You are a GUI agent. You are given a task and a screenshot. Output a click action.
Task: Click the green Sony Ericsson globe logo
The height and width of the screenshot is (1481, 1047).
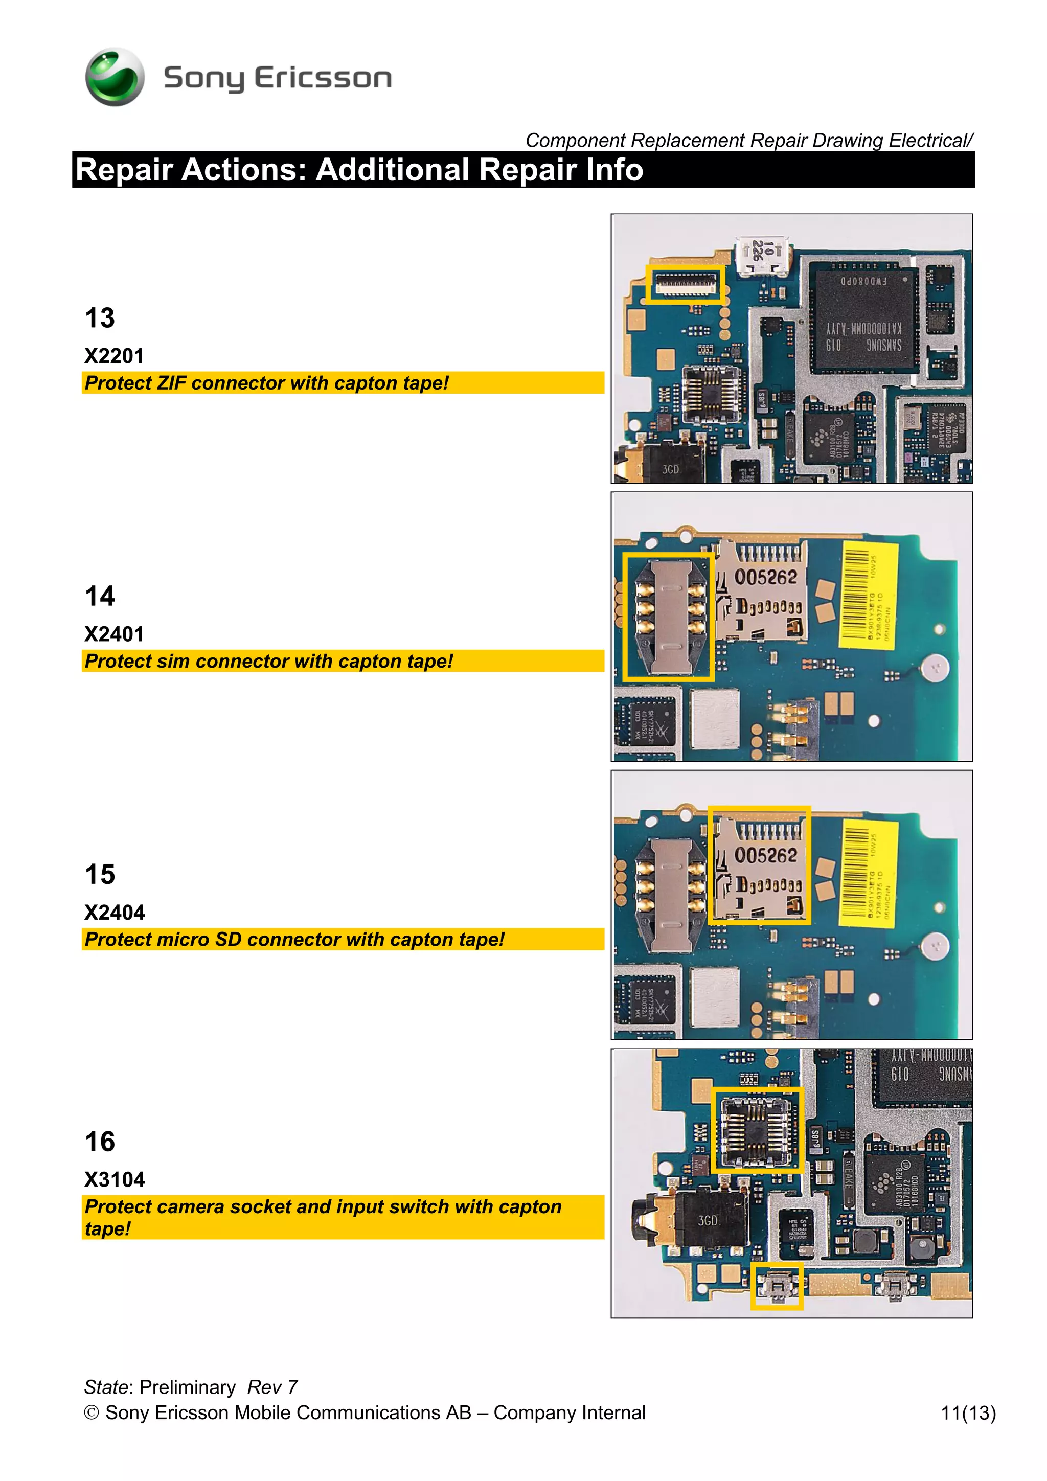point(115,77)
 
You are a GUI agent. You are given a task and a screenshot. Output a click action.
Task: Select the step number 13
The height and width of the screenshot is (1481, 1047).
point(100,318)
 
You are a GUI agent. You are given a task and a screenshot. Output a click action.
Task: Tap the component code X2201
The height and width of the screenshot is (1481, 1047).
point(114,356)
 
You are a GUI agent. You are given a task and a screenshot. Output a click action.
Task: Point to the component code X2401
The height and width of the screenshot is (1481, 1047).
point(114,634)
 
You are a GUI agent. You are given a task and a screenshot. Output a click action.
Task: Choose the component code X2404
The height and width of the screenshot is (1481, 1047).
point(115,913)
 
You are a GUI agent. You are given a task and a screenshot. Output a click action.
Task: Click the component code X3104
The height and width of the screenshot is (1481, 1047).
point(115,1180)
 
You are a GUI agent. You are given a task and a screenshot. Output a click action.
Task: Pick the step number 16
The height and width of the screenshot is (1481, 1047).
point(100,1142)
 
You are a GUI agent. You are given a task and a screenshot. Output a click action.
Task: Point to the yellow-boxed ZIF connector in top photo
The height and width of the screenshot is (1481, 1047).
point(685,283)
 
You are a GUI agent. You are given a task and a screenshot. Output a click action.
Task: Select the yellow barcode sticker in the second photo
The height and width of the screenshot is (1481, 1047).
point(868,594)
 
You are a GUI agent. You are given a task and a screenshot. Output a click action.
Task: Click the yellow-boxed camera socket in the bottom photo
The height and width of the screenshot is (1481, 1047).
point(757,1129)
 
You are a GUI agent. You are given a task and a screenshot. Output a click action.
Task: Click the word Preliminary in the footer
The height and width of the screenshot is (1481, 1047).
point(188,1387)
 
